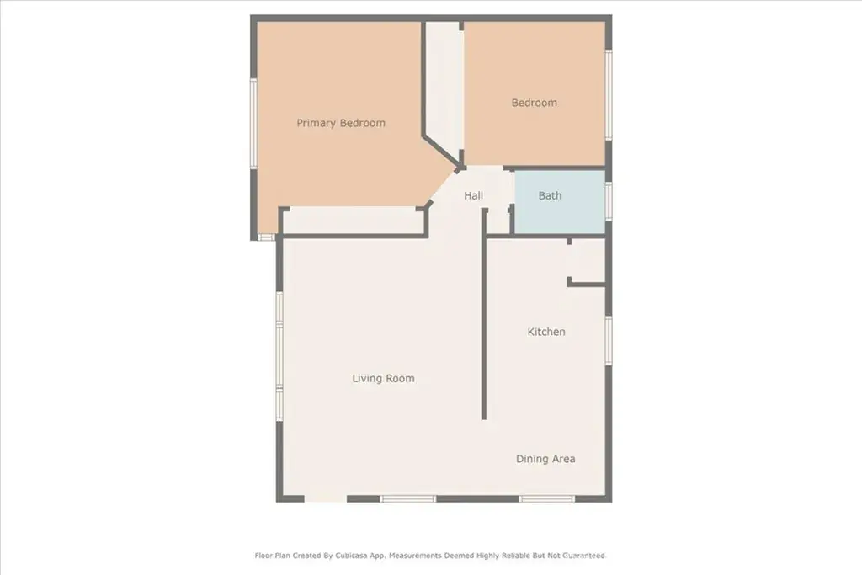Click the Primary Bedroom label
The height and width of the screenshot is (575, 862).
tap(341, 123)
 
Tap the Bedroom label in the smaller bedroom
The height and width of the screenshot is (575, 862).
tap(535, 103)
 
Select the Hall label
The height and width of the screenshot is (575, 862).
tap(473, 195)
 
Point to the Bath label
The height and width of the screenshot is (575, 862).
tap(551, 195)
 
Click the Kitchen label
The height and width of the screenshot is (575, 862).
tap(546, 332)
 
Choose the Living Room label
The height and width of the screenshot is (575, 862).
tap(383, 378)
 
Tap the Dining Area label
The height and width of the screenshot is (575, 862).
tap(545, 459)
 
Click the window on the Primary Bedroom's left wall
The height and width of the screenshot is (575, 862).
tap(253, 124)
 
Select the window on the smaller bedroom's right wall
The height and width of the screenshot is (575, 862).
tap(609, 94)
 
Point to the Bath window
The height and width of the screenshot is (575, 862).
tap(609, 201)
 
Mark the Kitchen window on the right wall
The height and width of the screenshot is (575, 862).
tap(609, 340)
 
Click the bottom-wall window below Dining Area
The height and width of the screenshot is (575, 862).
tap(546, 498)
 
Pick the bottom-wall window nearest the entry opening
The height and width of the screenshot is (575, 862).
tap(408, 498)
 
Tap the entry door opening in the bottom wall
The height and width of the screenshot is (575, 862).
tap(326, 498)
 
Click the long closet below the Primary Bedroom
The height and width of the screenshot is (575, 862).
tap(353, 221)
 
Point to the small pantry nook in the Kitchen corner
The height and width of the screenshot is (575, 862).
tap(587, 261)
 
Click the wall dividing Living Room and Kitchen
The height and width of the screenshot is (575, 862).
tap(484, 313)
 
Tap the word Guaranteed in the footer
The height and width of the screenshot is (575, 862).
tap(584, 556)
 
